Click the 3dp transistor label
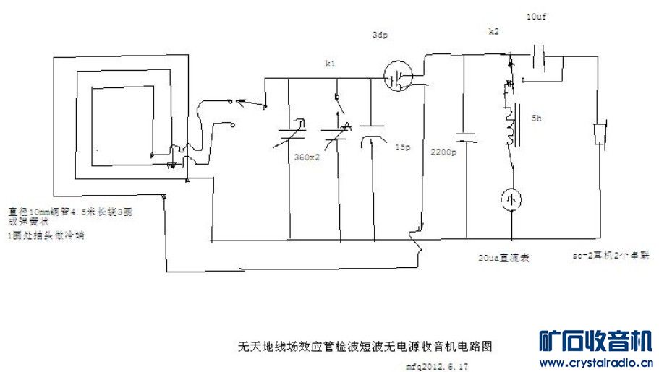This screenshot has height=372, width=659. (379, 35)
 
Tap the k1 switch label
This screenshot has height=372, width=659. (331, 64)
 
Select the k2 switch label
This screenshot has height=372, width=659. (494, 33)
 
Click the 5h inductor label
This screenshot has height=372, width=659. (536, 117)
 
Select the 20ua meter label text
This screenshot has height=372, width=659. (503, 258)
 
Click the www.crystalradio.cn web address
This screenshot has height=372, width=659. (597, 362)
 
